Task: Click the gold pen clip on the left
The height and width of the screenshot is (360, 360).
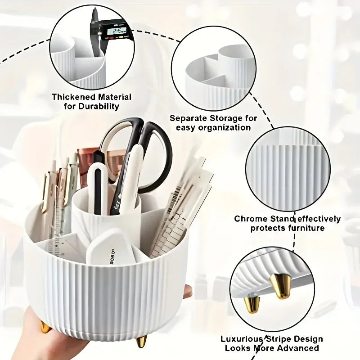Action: click(x=45, y=193)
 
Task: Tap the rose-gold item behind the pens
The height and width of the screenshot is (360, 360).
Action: click(x=86, y=166)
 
